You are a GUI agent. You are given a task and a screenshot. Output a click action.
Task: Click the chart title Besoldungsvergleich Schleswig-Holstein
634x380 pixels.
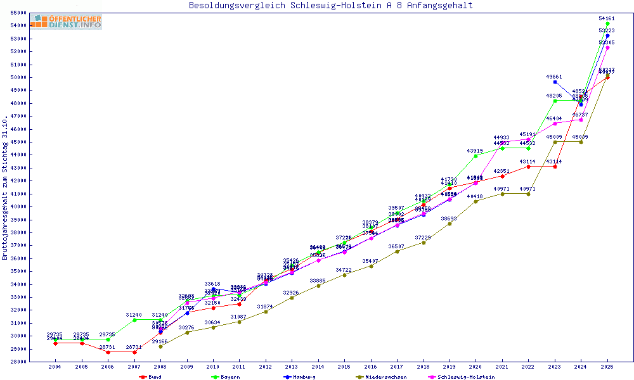(330, 6)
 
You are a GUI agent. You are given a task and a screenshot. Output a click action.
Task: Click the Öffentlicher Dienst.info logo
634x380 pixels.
(66, 22)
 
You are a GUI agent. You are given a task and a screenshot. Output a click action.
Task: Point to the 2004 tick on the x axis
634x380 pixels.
(56, 367)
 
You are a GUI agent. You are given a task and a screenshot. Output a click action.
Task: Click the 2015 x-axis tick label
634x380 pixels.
(344, 367)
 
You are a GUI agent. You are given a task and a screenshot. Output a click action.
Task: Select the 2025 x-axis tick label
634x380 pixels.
(607, 367)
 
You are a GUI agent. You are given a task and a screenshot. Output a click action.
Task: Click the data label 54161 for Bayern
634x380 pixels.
(607, 18)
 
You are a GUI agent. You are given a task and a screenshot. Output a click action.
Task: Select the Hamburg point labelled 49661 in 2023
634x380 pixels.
(555, 82)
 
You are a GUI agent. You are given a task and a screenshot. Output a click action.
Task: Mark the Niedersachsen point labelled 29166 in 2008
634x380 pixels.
(161, 346)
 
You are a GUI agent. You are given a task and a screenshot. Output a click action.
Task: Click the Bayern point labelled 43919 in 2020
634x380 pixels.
(476, 155)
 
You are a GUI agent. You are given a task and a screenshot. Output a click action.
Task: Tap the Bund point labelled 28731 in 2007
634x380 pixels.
(134, 352)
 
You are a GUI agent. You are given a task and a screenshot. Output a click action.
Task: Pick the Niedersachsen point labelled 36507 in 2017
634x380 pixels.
(397, 251)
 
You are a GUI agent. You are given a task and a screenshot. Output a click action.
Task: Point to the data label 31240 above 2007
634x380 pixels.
(133, 315)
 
